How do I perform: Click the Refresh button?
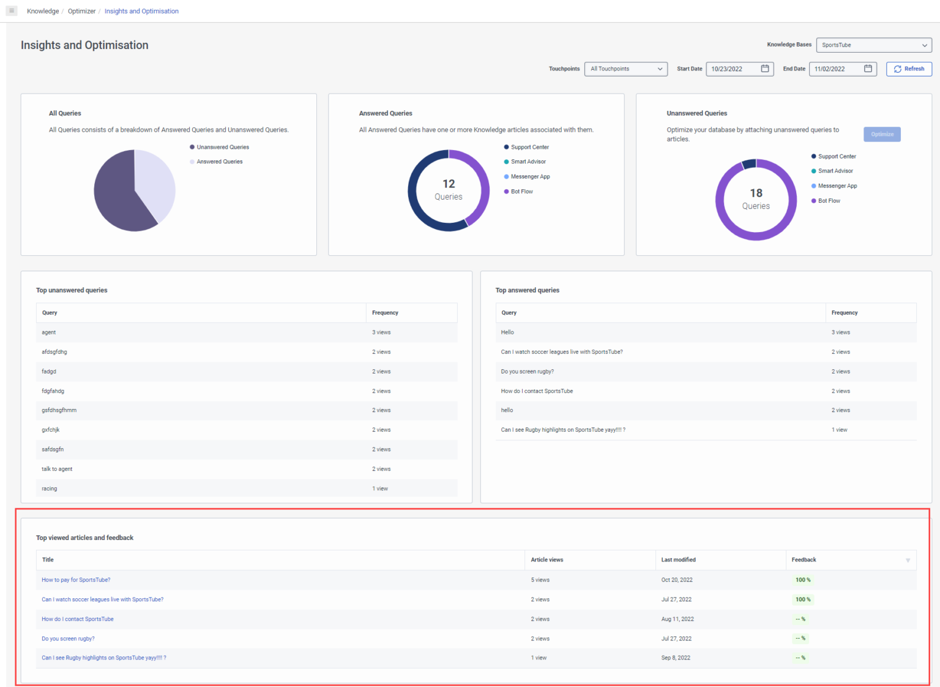[909, 69]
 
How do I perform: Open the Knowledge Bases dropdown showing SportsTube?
[873, 45]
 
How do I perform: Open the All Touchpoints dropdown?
[625, 69]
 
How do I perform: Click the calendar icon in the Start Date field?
[764, 69]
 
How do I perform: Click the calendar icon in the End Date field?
[867, 69]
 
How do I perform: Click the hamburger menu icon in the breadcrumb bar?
[12, 11]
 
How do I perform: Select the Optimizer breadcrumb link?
[81, 11]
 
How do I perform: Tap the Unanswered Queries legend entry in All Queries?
[222, 148]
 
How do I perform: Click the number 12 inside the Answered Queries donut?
[449, 184]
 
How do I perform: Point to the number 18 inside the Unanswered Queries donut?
[756, 193]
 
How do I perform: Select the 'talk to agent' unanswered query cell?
[57, 469]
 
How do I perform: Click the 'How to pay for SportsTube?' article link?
[76, 580]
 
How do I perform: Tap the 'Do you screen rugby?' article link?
[68, 639]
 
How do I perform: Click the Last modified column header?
[678, 560]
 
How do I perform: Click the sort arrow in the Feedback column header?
[908, 560]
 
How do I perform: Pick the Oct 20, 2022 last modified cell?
[677, 580]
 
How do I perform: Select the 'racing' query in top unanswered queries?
[50, 489]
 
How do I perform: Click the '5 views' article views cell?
[540, 580]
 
